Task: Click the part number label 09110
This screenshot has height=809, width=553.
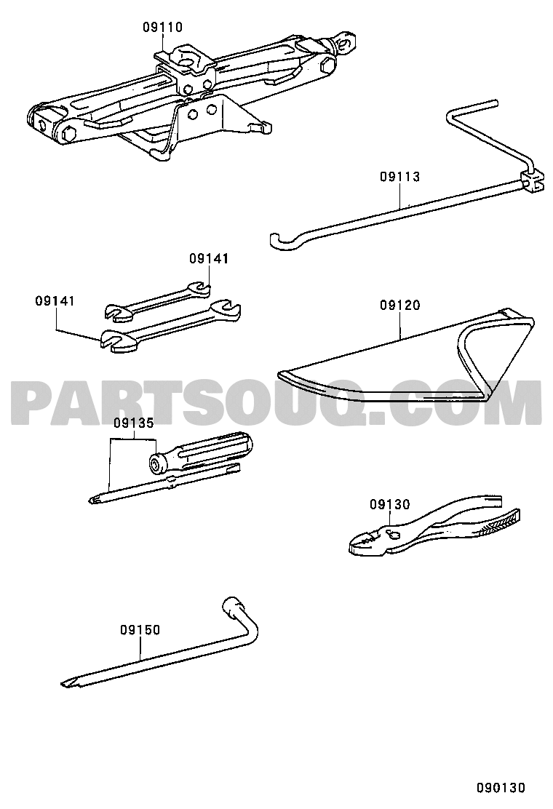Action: (162, 27)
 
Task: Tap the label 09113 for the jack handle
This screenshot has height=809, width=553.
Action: (400, 177)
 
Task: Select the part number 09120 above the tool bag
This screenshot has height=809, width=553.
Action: (400, 305)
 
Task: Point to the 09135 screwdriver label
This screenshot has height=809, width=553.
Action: (134, 423)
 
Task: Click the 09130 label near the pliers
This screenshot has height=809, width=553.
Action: (389, 504)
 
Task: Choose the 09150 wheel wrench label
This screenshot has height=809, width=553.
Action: (140, 629)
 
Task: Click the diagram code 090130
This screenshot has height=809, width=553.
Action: (501, 788)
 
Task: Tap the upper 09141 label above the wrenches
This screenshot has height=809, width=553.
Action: (208, 258)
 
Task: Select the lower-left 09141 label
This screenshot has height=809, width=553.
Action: (55, 300)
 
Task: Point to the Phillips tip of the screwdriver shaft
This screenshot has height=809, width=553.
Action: (95, 499)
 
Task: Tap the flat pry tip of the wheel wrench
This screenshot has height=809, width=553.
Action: (66, 683)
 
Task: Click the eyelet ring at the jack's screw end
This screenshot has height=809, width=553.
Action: (349, 40)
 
